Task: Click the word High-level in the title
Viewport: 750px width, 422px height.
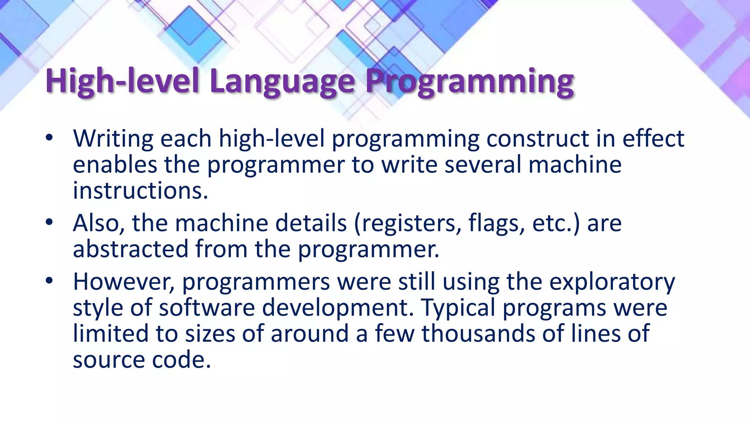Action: point(122,81)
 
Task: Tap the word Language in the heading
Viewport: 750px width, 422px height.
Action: point(282,81)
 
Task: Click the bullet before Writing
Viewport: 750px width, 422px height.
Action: point(49,138)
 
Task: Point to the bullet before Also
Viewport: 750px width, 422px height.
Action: point(49,222)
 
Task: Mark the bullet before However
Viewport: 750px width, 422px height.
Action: point(49,281)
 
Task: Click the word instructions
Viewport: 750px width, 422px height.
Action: point(140,191)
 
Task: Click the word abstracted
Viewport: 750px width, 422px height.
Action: point(130,249)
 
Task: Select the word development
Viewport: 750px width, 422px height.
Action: point(337,308)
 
